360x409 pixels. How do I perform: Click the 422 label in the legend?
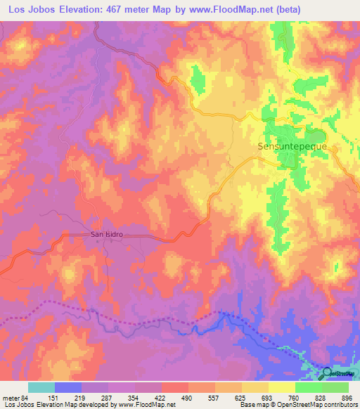pos(162,397)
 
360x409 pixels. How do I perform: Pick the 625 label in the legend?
pos(241,397)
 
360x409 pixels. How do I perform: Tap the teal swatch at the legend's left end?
pos(41,387)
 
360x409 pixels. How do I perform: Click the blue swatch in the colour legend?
pos(68,387)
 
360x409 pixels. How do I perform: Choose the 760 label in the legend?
pos(294,397)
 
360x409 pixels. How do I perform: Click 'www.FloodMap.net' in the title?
pos(252,9)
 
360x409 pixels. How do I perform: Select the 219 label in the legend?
pos(82,397)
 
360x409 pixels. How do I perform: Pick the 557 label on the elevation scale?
pos(214,397)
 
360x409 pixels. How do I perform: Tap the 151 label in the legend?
pos(55,397)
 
